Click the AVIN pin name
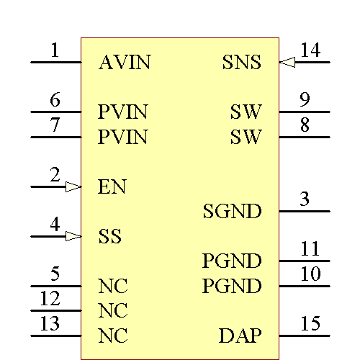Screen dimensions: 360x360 point(125,63)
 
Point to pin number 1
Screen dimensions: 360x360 point(55,50)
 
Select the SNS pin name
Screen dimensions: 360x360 point(241,63)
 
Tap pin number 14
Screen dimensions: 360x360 point(310,50)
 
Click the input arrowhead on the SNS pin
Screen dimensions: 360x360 point(287,63)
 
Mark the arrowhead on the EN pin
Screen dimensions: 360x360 point(73,187)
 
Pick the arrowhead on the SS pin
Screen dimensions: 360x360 point(73,236)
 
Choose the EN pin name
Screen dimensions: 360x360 point(112,188)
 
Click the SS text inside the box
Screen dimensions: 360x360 point(109,237)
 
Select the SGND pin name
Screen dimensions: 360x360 point(232,212)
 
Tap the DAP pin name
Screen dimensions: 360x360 point(240,336)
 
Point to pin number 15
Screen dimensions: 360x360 point(310,324)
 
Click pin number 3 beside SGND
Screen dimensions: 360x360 point(305,199)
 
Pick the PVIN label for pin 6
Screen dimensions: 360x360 point(123,112)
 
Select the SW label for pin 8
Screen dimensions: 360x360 point(246,137)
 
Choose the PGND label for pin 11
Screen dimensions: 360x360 point(232,261)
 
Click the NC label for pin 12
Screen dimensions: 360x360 point(113,311)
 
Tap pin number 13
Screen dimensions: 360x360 point(50,324)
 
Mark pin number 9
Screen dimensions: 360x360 point(305,100)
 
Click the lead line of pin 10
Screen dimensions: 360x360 point(305,286)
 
